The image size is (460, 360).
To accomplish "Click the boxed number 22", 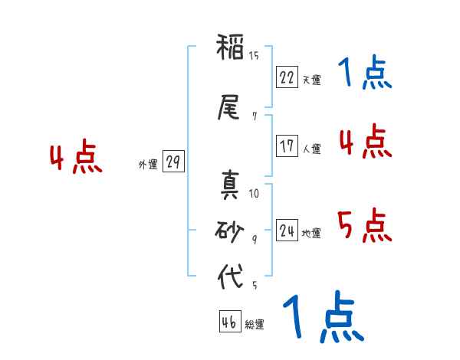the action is click(287, 77).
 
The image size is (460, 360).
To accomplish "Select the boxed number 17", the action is click(287, 146).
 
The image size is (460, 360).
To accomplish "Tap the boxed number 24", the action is click(287, 231).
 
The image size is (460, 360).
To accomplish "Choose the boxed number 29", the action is click(173, 162).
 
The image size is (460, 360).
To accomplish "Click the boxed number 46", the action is click(229, 322).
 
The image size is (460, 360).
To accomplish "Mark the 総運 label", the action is click(255, 325).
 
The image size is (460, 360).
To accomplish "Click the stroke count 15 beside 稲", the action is click(254, 55).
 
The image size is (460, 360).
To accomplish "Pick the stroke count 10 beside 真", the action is click(255, 194).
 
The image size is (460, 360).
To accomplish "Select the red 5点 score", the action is click(364, 225).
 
